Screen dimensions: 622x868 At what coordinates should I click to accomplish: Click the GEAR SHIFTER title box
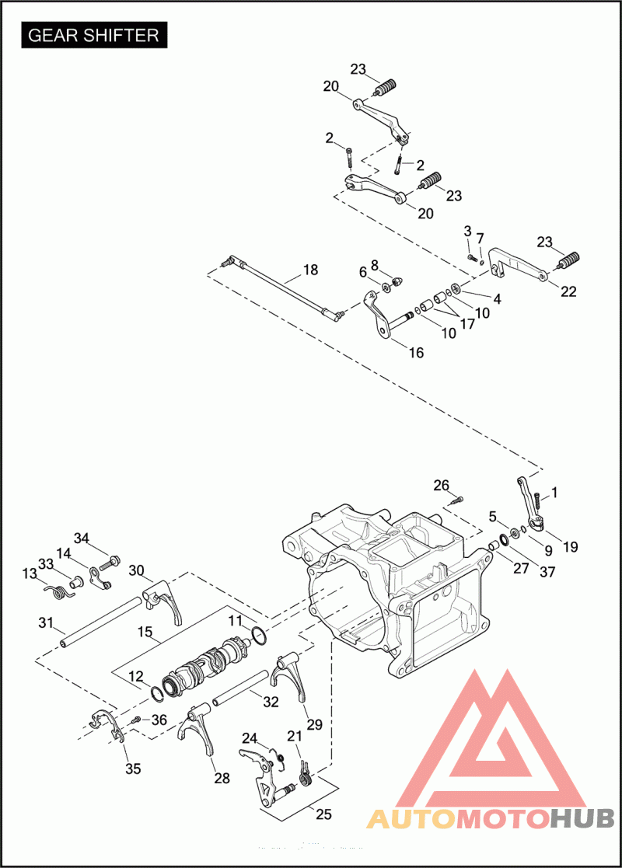(x=94, y=36)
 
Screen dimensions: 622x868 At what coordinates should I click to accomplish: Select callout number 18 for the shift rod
(x=310, y=270)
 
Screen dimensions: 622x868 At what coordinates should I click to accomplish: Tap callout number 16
(x=416, y=353)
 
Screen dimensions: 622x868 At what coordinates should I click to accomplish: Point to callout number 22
(x=569, y=291)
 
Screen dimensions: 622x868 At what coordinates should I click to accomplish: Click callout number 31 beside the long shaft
(x=46, y=622)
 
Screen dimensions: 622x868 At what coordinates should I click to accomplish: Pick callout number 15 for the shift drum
(x=144, y=632)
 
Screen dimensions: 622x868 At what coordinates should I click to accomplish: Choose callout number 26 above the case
(x=441, y=486)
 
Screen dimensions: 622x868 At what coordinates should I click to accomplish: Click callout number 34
(x=82, y=539)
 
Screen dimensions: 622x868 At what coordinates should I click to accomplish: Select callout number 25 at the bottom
(x=323, y=814)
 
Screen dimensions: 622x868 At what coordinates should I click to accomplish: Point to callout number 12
(x=136, y=676)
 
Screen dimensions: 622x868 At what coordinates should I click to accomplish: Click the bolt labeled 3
(x=472, y=257)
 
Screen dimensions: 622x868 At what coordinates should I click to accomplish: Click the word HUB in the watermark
(x=582, y=818)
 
